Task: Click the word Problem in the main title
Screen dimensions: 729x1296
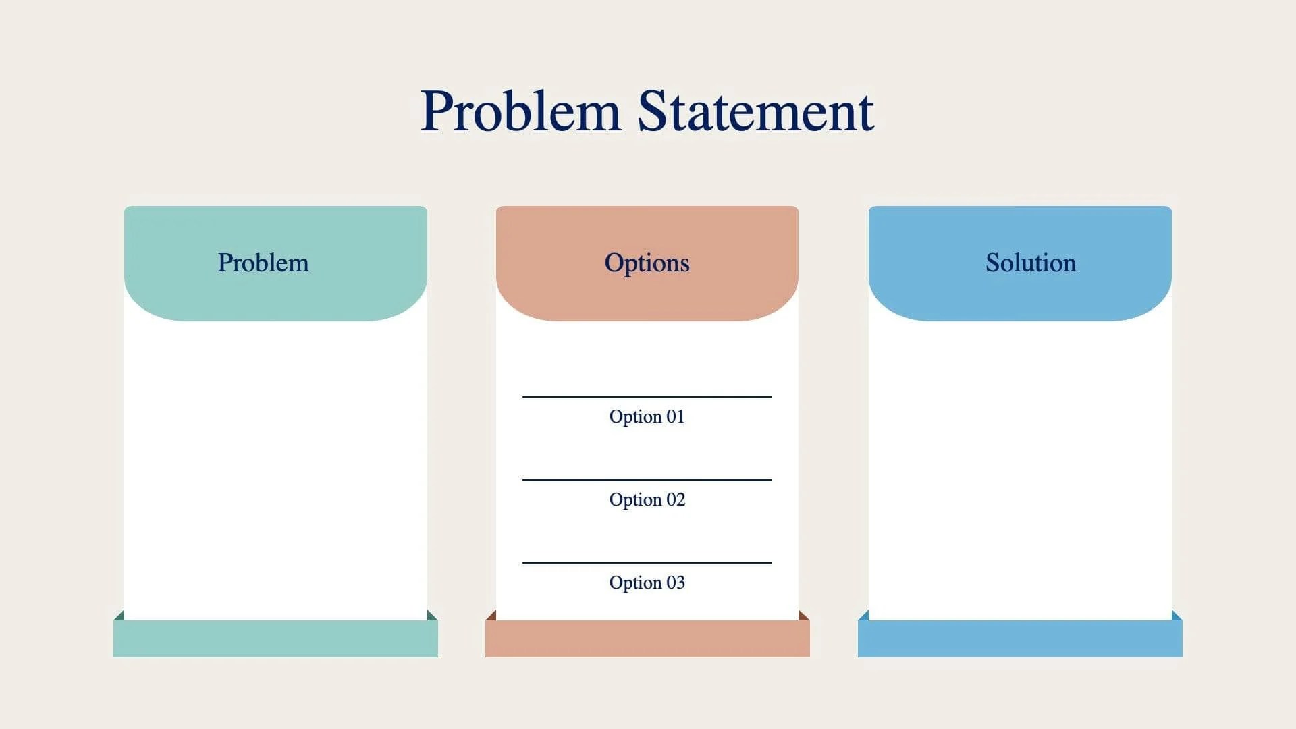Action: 520,111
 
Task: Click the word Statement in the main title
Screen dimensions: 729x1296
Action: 755,111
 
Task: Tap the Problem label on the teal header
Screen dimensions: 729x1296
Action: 263,263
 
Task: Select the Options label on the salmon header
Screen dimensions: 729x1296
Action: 647,263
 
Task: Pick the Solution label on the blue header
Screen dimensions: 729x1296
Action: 1030,263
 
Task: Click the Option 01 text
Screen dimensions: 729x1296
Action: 647,416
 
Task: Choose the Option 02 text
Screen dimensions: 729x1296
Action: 647,500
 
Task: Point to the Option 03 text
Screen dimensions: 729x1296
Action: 647,583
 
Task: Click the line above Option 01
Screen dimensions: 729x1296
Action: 647,397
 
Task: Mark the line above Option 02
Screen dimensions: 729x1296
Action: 647,480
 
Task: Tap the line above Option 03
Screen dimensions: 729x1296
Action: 647,563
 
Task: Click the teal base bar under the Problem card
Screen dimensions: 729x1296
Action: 275,639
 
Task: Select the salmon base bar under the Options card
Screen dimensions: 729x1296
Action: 647,639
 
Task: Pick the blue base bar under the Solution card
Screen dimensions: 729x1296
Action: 1019,639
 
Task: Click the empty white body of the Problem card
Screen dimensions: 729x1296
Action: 275,466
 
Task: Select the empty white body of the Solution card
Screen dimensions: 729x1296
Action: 1019,466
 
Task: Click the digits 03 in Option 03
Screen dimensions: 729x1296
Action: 676,583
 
